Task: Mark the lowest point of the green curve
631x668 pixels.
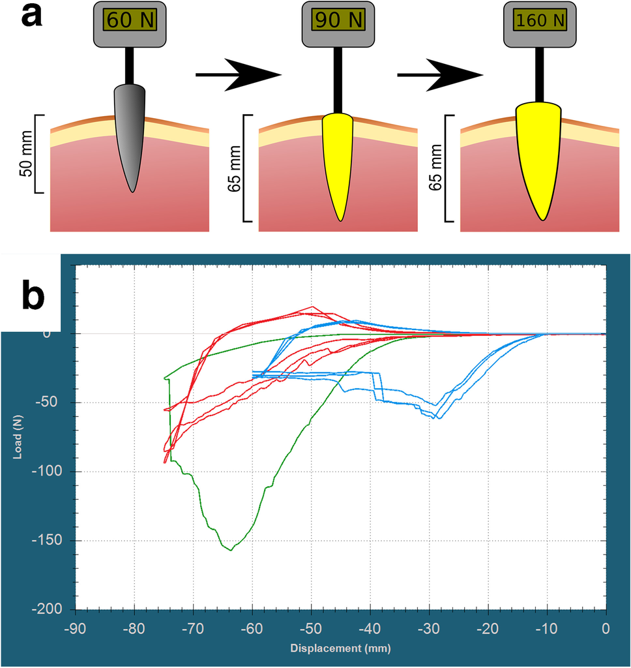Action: [231, 550]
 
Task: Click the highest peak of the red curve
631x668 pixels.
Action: [312, 307]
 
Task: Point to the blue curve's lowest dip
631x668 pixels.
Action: [439, 417]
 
